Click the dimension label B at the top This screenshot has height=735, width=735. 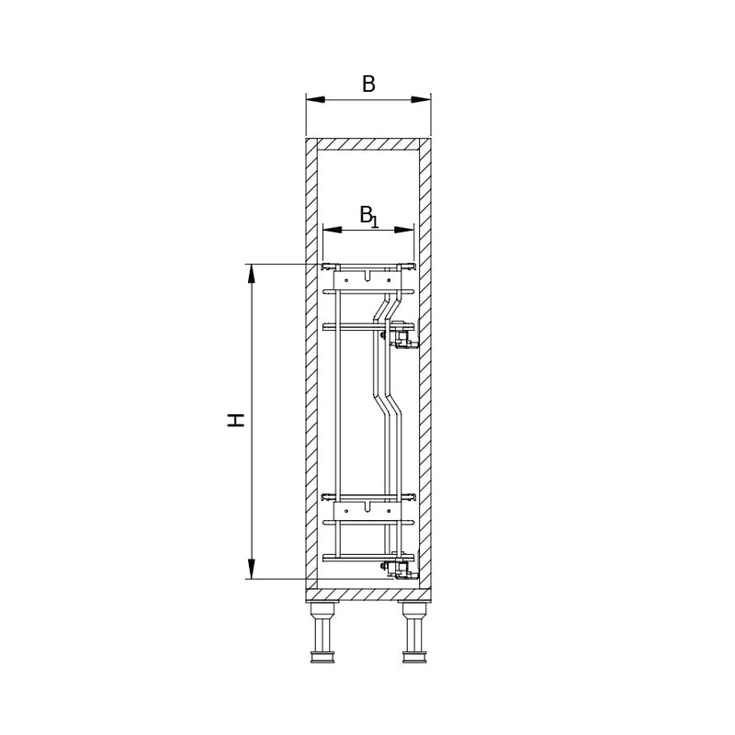[x=368, y=85]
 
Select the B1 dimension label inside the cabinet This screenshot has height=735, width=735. [x=369, y=216]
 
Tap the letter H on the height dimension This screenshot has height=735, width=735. [x=236, y=421]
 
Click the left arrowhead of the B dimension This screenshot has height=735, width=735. [x=315, y=99]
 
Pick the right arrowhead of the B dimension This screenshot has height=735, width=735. [x=421, y=99]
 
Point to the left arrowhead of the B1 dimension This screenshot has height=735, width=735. [x=333, y=230]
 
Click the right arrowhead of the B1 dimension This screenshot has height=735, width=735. [x=404, y=230]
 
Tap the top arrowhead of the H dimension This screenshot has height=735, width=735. [x=252, y=274]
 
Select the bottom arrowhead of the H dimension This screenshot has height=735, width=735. [x=252, y=569]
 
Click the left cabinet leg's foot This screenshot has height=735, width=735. [x=322, y=657]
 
